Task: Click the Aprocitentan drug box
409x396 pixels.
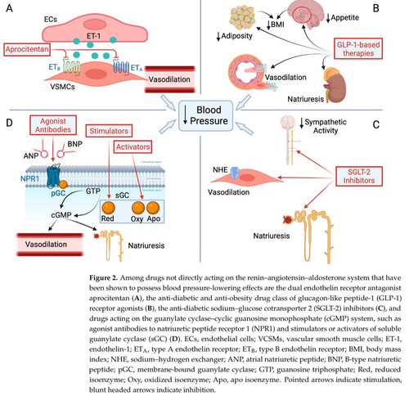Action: click(27, 50)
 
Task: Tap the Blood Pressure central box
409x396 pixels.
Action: click(206, 115)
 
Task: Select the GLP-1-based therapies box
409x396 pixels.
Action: click(358, 49)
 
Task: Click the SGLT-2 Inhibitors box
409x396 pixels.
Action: click(359, 176)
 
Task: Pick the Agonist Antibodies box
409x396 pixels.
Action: click(53, 125)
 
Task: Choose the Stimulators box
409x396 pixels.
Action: click(109, 131)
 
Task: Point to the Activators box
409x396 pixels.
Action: click(133, 146)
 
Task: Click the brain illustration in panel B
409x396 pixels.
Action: click(306, 14)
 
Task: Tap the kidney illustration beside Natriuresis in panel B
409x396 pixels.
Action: click(335, 85)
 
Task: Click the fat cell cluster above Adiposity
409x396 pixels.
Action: click(242, 18)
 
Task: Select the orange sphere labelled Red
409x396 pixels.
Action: click(108, 208)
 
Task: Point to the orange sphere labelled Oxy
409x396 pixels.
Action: click(138, 208)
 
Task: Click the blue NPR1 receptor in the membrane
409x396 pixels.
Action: click(53, 177)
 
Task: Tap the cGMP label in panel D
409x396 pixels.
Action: click(61, 215)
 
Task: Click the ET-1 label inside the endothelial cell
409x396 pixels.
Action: click(93, 36)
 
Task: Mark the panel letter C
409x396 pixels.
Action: click(376, 124)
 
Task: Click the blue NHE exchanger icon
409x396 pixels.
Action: click(235, 173)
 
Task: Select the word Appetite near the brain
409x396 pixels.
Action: click(345, 18)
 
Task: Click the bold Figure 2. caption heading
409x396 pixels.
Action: click(103, 278)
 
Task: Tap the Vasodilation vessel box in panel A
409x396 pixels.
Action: click(169, 79)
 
